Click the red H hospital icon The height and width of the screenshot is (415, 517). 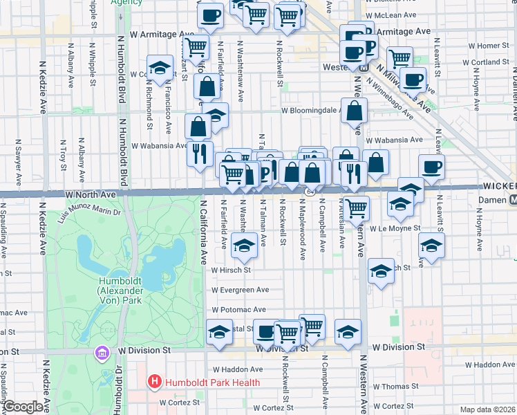tap(153, 382)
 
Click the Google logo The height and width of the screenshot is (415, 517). tap(23, 407)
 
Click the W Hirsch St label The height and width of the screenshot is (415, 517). tap(230, 270)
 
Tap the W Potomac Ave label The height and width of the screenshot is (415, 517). tap(238, 310)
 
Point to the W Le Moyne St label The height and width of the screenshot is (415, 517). tap(395, 228)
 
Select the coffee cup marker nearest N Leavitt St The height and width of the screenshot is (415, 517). tap(431, 167)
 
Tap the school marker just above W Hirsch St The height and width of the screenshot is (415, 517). tap(243, 245)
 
